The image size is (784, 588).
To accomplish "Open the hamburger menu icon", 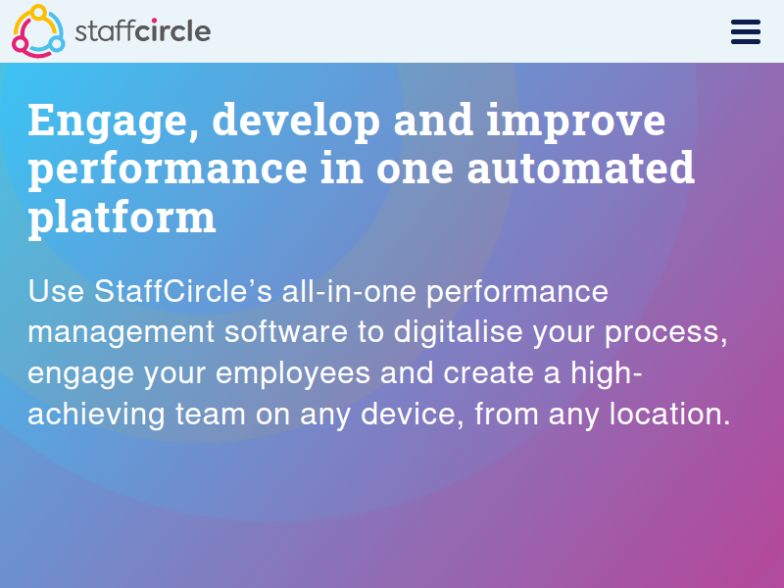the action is tap(746, 32).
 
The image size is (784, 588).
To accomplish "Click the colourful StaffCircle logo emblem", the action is tap(38, 31).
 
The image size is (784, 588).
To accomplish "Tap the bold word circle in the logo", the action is tap(172, 31).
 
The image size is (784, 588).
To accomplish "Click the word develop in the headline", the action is tap(296, 121).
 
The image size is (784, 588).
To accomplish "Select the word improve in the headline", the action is tap(575, 121).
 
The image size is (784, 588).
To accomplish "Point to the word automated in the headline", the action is tap(580, 168).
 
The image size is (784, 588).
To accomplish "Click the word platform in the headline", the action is tap(122, 217).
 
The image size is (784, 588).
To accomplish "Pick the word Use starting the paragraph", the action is tap(56, 290).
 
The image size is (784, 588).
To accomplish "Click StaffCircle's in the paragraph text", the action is tap(183, 290).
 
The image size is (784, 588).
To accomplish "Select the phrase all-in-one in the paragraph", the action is tap(349, 290).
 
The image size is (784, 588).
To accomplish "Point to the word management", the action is tap(121, 333).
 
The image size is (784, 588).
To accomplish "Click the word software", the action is tap(285, 331).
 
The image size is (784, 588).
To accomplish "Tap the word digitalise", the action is tap(458, 332).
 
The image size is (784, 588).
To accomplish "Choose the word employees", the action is tap(293, 374).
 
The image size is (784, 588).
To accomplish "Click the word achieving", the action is tap(96, 415).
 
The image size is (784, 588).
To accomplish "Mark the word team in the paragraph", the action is tap(210, 415).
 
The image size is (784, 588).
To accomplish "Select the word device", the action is tap(408, 415).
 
